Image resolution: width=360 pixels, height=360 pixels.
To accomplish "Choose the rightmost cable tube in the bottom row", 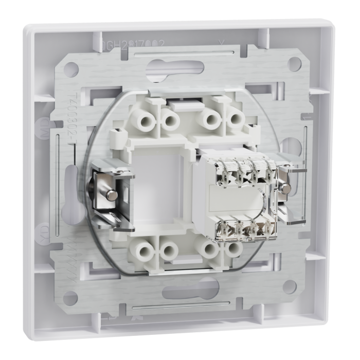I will pyautogui.click(x=233, y=249).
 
